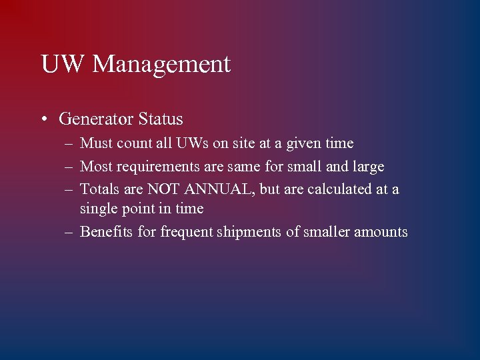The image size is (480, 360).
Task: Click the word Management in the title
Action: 161,65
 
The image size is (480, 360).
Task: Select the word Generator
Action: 96,119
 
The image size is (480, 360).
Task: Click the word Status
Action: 160,119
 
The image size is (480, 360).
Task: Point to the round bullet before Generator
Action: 43,120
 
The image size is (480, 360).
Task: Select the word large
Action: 369,167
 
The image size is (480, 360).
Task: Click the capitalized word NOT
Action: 163,189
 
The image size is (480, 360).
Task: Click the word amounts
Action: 381,232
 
